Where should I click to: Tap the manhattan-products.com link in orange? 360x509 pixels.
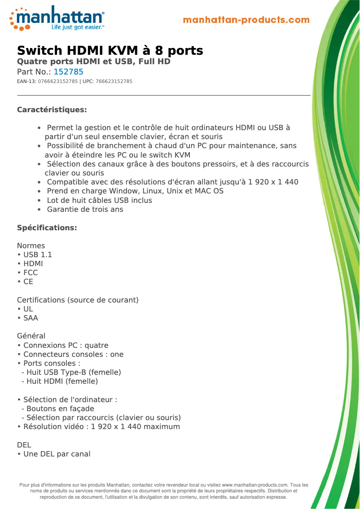tap(246, 20)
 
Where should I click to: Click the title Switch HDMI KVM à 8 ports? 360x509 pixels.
tap(110, 50)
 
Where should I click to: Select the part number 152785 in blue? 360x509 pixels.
tap(68, 72)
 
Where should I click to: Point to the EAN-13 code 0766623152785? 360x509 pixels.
tap(58, 82)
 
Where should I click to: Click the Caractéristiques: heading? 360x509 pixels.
tap(52, 110)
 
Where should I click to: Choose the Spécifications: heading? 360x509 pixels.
tap(47, 228)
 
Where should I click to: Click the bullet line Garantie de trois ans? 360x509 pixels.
tap(85, 210)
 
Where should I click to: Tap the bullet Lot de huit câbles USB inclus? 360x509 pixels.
tap(99, 201)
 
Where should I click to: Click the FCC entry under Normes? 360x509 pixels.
tap(31, 273)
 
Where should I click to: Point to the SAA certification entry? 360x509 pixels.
tap(31, 318)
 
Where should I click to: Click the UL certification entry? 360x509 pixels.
tap(28, 309)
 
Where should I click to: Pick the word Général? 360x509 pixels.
tap(31, 336)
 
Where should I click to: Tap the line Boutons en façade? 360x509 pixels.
tap(60, 409)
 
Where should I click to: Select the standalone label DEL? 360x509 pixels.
tap(24, 445)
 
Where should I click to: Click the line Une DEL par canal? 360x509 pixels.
tap(57, 454)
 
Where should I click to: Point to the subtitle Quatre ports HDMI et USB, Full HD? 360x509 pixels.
tap(94, 61)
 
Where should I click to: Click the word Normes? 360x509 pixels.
tap(31, 246)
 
